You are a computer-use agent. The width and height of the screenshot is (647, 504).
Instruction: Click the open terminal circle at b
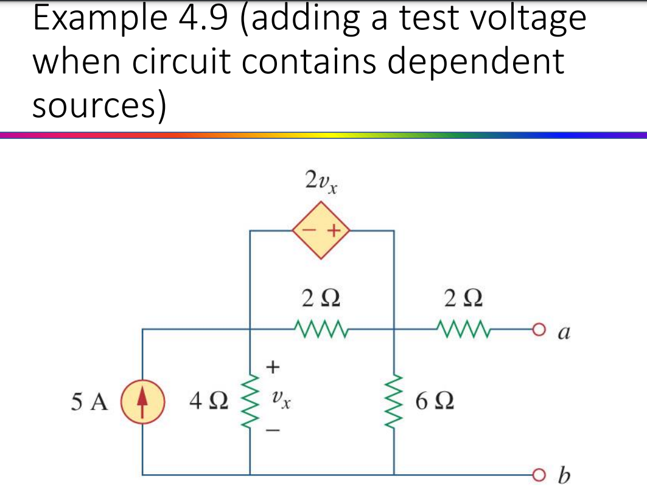coord(536,475)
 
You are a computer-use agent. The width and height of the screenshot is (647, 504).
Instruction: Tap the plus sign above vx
coord(273,366)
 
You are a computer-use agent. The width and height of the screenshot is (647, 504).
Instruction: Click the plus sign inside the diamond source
coord(333,232)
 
